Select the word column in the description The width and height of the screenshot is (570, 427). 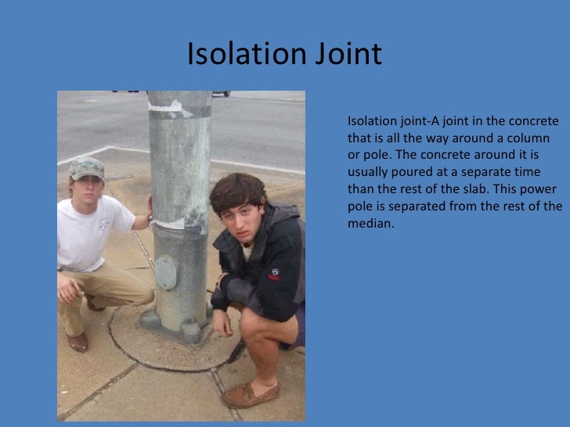pos(537,137)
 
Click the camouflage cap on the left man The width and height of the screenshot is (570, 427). pos(87,167)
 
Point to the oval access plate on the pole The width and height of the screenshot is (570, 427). pos(166,272)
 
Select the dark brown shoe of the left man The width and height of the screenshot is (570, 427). pos(78,341)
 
